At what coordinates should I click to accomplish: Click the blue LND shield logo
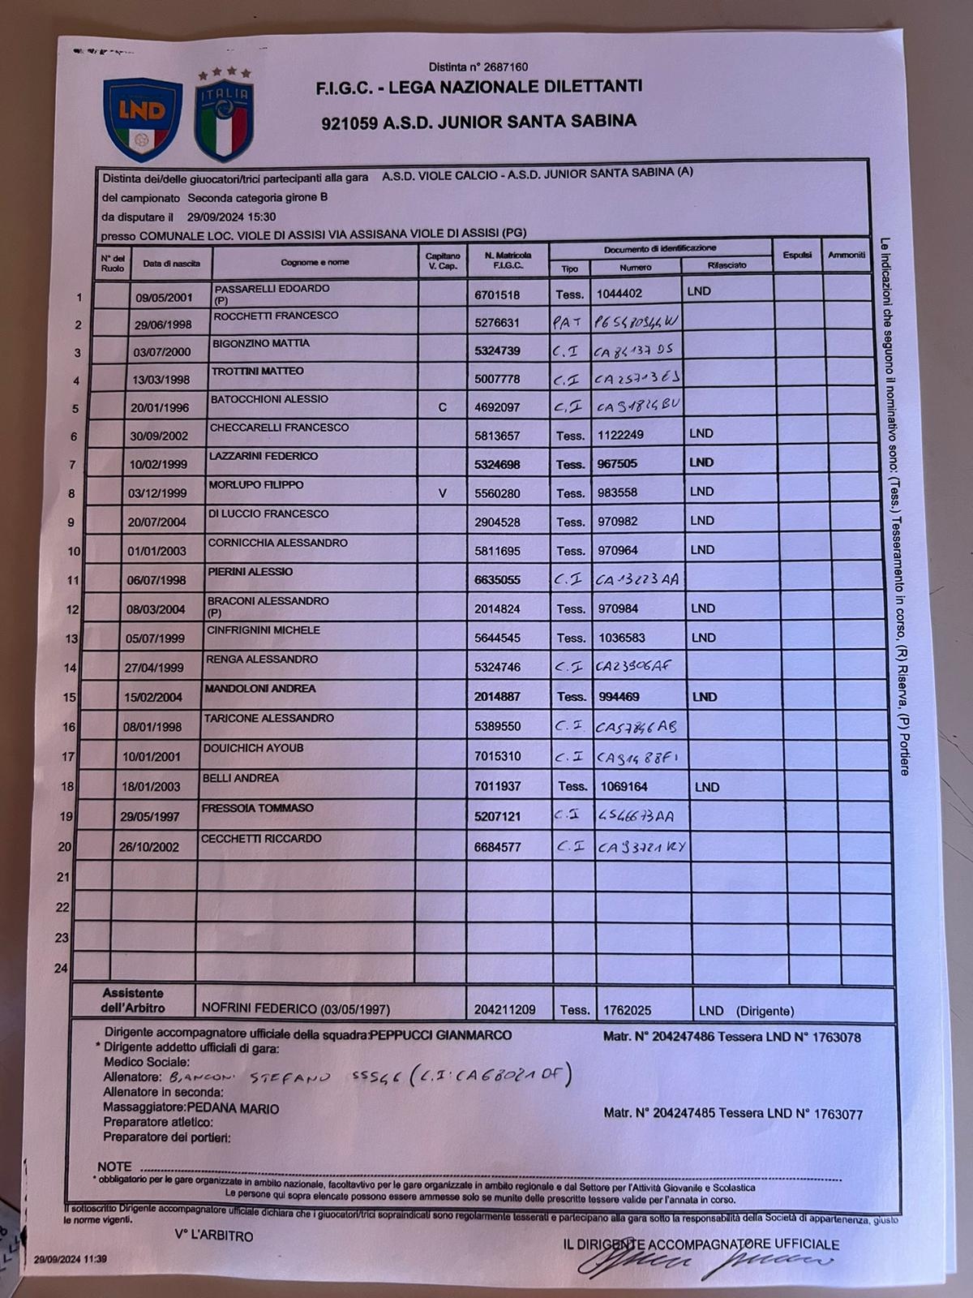142,119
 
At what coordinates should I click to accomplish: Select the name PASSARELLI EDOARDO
271,289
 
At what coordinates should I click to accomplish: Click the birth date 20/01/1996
159,408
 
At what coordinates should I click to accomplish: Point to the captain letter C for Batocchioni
442,407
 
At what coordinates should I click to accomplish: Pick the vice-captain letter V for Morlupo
442,492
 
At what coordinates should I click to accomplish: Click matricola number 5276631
497,323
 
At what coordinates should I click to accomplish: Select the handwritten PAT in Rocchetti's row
568,322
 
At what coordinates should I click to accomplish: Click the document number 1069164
624,786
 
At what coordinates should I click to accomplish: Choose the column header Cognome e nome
315,263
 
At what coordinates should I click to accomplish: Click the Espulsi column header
797,255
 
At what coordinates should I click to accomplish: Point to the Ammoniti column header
847,255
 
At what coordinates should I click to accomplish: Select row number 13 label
71,638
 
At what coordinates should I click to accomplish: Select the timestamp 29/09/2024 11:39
71,1260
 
